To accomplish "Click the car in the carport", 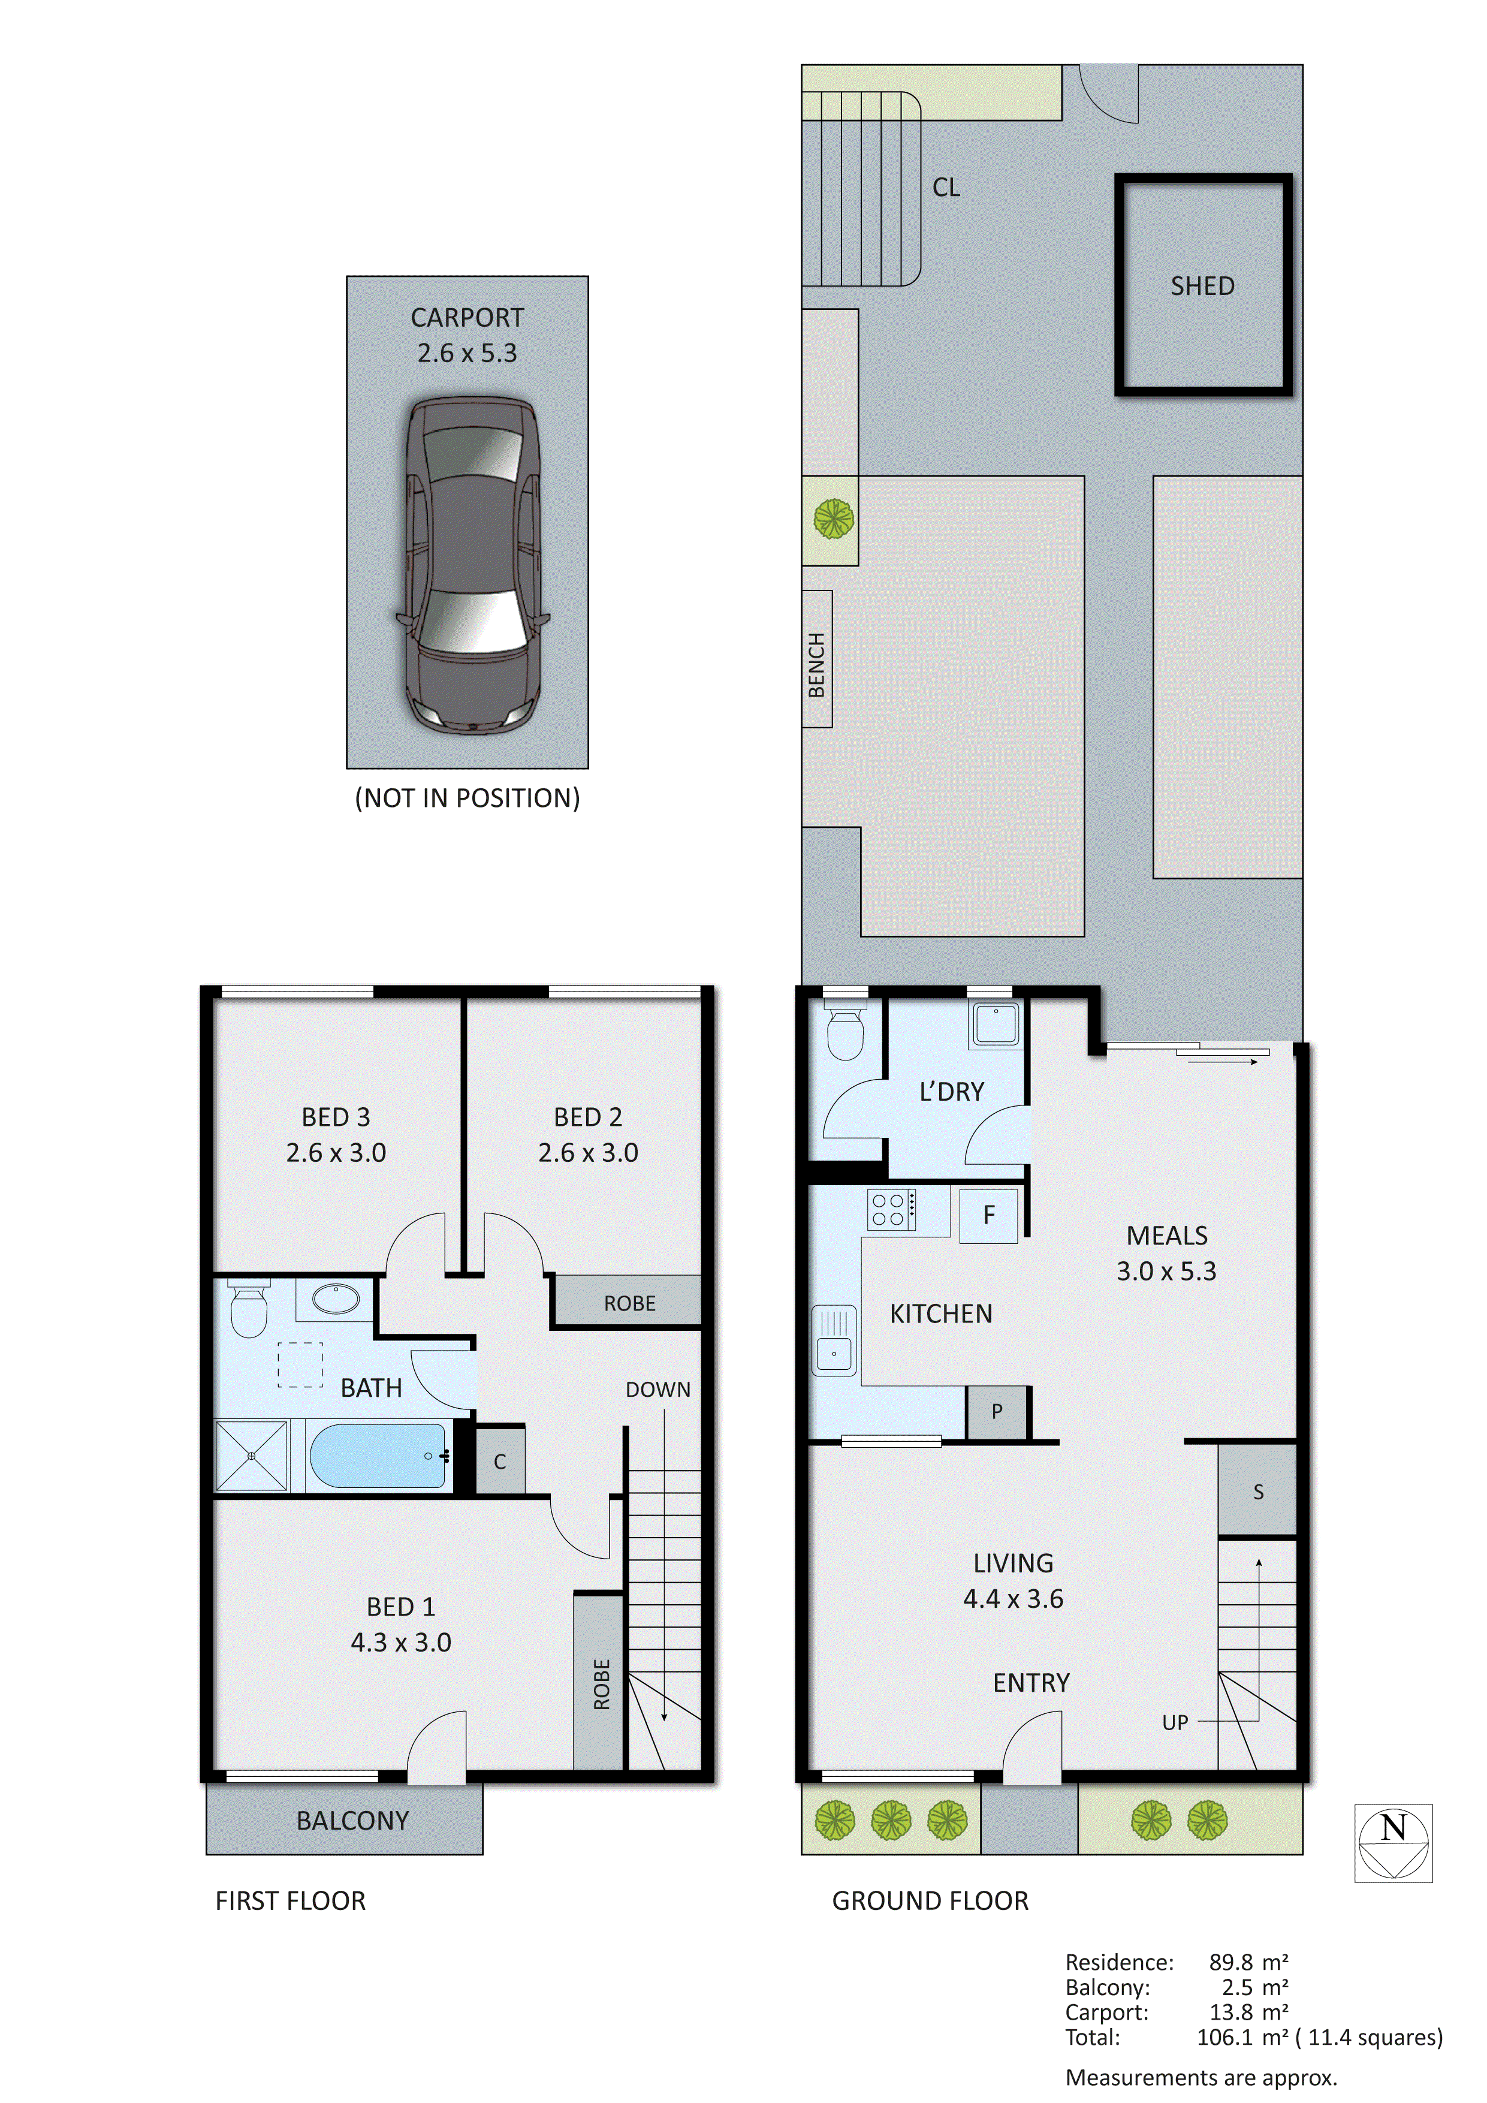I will [472, 565].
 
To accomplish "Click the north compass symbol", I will [1393, 1844].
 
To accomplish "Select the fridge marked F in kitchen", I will [988, 1215].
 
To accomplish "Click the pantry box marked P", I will [996, 1411].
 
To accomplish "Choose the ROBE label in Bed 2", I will [629, 1303].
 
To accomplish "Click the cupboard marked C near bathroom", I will [500, 1462].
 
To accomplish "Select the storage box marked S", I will [1257, 1492].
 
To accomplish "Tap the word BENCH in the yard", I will [817, 664].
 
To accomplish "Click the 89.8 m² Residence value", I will [1248, 1962].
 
